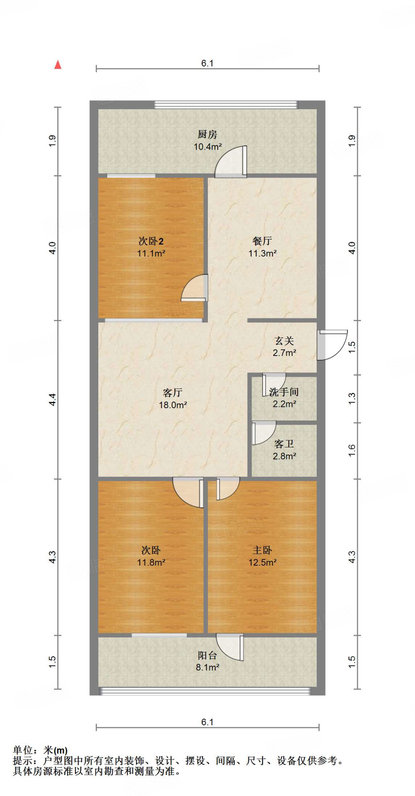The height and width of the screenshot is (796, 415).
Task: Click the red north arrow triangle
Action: coord(58,65)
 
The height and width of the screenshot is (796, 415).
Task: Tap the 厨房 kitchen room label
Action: coord(207,134)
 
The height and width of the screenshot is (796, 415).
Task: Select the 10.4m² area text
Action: coord(207,147)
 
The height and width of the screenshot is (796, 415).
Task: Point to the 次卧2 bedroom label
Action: coord(151,241)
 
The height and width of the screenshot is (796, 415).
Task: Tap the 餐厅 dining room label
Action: coord(262,241)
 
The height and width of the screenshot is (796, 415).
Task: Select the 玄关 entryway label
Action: coord(284,341)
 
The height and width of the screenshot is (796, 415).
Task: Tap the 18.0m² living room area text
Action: coord(173,405)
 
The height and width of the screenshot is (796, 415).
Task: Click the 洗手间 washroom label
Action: coord(284,392)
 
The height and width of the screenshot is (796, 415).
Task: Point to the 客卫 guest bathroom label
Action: coord(284,444)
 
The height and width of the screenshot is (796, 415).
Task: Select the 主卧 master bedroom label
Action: coord(262,550)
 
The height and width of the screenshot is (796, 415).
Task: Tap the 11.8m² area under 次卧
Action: coord(151,562)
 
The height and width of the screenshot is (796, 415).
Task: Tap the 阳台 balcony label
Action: coord(207,655)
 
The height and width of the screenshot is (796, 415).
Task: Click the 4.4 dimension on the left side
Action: coord(52,400)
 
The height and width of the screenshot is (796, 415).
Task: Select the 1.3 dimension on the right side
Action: coord(352,398)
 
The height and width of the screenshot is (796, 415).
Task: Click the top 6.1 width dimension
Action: coord(207,63)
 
